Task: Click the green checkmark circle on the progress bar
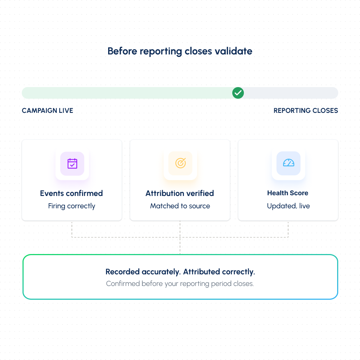point(238,93)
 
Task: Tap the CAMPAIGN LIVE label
point(48,111)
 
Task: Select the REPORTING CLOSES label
point(306,111)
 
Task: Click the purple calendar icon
point(72,163)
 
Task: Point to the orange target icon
point(180,163)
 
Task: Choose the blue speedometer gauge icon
point(289,163)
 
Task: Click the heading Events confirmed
point(71,193)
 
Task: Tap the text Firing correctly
point(71,206)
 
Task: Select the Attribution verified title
point(180,193)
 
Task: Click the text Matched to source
point(180,206)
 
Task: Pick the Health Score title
point(288,193)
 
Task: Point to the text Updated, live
point(289,206)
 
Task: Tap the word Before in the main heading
point(122,51)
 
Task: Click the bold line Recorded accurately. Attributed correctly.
point(180,272)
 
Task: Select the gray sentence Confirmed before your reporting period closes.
point(180,284)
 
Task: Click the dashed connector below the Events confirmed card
point(72,230)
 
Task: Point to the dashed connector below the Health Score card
point(288,230)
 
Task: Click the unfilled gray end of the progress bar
point(291,93)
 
